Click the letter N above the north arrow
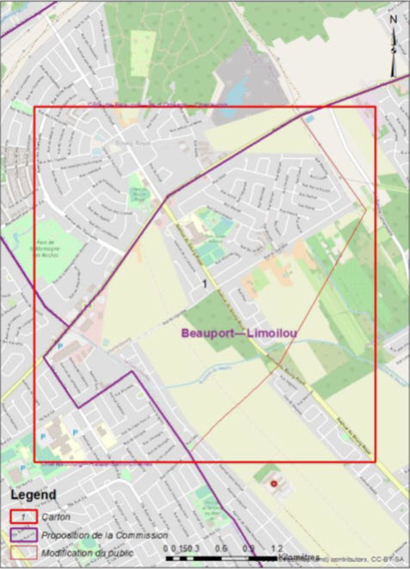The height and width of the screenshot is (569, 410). (x=394, y=18)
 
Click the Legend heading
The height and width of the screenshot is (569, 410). (x=34, y=495)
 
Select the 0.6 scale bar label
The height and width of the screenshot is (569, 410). (x=221, y=548)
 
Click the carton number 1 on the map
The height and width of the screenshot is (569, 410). (x=204, y=284)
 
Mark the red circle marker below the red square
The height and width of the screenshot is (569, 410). (x=274, y=485)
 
